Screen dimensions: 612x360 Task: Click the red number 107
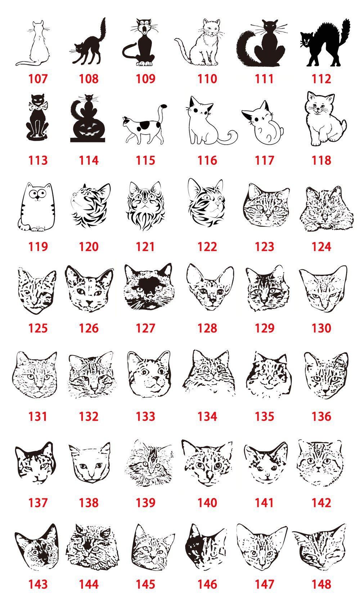[x=38, y=78]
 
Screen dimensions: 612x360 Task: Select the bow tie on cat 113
[x=37, y=106]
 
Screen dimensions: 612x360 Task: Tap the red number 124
[x=321, y=246]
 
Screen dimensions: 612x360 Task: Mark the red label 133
[x=145, y=416]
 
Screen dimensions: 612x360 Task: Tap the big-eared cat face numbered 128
[x=210, y=288]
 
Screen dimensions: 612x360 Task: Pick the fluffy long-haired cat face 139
[x=148, y=463]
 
